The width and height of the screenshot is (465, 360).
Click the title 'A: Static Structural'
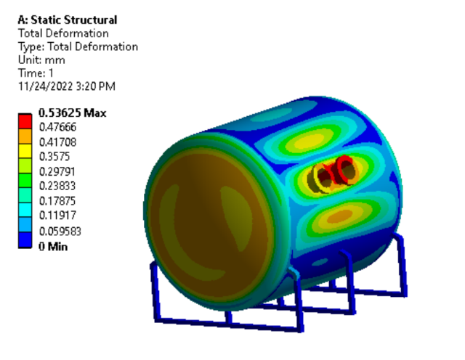[67, 20]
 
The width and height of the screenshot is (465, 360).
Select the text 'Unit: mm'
[38, 60]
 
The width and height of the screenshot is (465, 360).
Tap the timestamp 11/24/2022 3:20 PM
[66, 86]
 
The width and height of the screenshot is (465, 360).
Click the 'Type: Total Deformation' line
[77, 47]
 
